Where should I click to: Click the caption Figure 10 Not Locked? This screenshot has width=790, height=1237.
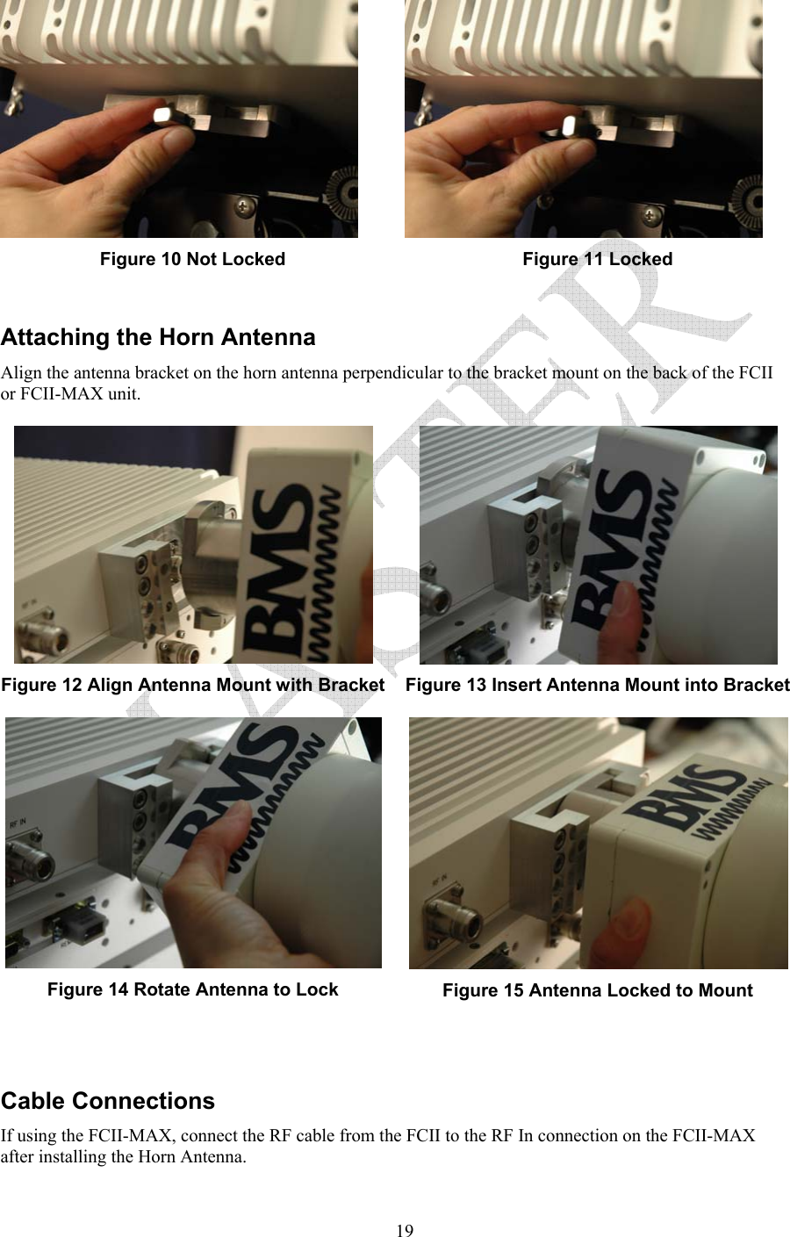coord(192,259)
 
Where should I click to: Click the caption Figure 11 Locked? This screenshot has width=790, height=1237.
coord(597,259)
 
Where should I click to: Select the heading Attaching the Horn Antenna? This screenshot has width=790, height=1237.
coord(158,337)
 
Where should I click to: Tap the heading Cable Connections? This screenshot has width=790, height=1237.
coord(108,1101)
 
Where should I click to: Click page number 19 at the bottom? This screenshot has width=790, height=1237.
coord(404,1230)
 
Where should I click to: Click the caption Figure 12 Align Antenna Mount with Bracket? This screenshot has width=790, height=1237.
coord(193,685)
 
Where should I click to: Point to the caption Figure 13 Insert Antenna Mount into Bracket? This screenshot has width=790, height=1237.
coord(597,685)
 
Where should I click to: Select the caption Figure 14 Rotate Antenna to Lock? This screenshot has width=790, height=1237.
coord(192,989)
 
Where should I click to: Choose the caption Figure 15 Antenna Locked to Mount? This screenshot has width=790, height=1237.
coord(597,990)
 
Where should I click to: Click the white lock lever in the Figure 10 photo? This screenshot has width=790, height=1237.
coord(165,115)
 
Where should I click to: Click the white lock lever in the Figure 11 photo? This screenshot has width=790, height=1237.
coord(569,124)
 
